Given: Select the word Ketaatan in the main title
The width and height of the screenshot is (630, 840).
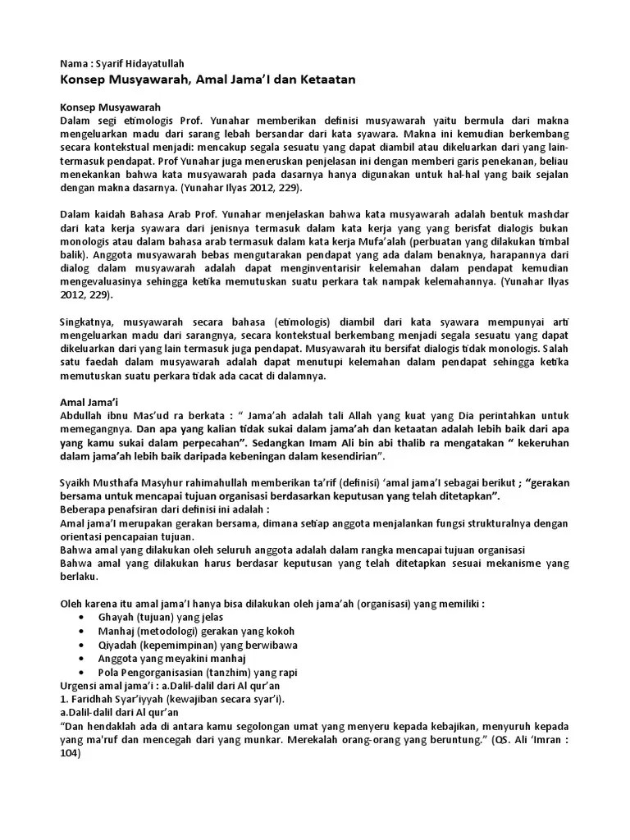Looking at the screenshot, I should pos(325,80).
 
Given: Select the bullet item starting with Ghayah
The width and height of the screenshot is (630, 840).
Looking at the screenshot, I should pos(161,616).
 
